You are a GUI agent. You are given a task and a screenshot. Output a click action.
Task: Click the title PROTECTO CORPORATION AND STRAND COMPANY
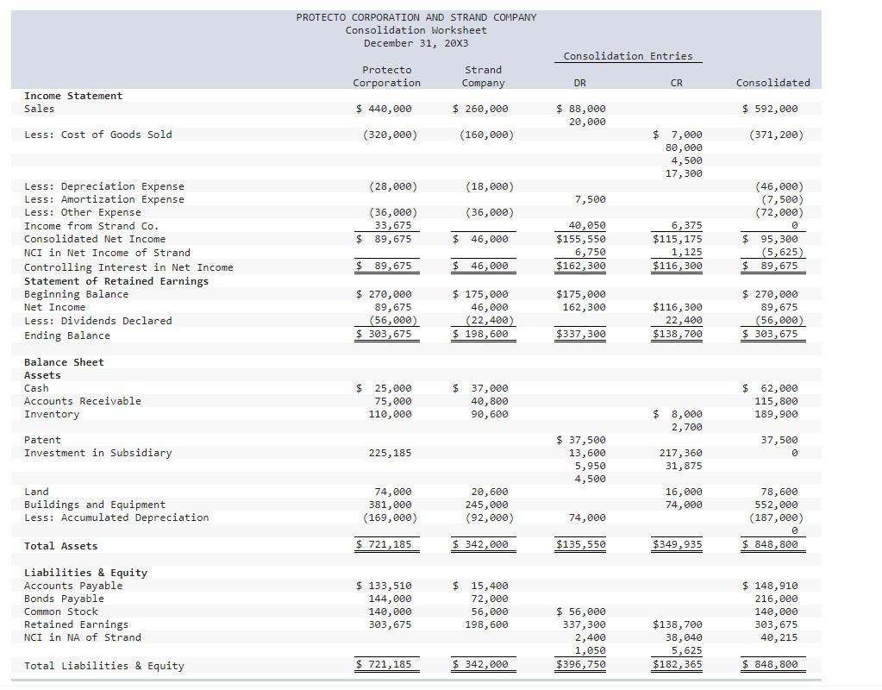pos(416,17)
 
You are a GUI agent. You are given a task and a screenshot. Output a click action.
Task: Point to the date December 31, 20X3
pos(416,43)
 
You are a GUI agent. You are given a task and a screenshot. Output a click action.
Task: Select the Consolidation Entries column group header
pos(628,56)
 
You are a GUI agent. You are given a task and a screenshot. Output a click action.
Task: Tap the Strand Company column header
pos(483,76)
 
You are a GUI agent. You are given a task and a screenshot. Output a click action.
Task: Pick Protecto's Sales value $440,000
pos(385,109)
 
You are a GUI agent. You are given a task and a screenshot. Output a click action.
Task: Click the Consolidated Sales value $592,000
pos(770,109)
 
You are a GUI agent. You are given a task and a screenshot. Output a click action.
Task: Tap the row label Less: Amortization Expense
pos(103,199)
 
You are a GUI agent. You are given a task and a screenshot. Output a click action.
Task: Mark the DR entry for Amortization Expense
pos(590,199)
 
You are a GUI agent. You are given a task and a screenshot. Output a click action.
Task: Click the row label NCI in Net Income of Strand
pos(107,253)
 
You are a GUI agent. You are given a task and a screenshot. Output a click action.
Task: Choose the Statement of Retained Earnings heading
pos(116,281)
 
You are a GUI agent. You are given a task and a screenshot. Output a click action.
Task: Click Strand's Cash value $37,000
pos(481,388)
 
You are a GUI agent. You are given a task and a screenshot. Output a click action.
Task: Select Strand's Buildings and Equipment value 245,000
pos(486,505)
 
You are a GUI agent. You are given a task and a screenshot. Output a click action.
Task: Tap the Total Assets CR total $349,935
pos(678,545)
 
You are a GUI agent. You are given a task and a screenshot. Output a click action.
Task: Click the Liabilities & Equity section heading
pos(85,573)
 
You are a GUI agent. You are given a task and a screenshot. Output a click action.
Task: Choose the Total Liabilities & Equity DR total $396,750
pos(581,665)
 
